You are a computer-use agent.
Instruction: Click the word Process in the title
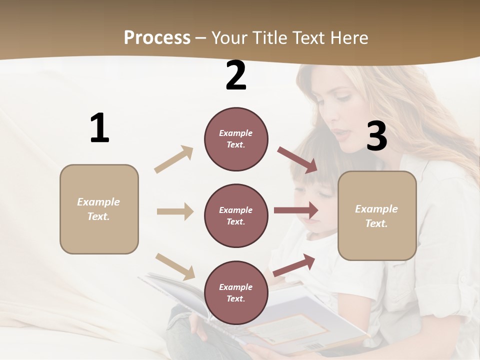click(x=157, y=37)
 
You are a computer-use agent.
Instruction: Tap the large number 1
click(x=99, y=128)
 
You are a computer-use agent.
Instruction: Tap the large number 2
click(x=236, y=75)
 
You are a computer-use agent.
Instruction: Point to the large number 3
click(x=376, y=136)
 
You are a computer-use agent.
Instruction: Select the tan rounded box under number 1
click(x=99, y=209)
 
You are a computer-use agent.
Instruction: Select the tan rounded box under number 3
click(x=377, y=215)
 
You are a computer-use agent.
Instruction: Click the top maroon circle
click(x=236, y=139)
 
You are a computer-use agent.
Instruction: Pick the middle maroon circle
click(x=236, y=215)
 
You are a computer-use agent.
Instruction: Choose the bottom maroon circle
click(x=236, y=292)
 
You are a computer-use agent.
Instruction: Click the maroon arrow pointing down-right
click(x=297, y=160)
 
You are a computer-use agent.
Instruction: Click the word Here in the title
click(x=351, y=37)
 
